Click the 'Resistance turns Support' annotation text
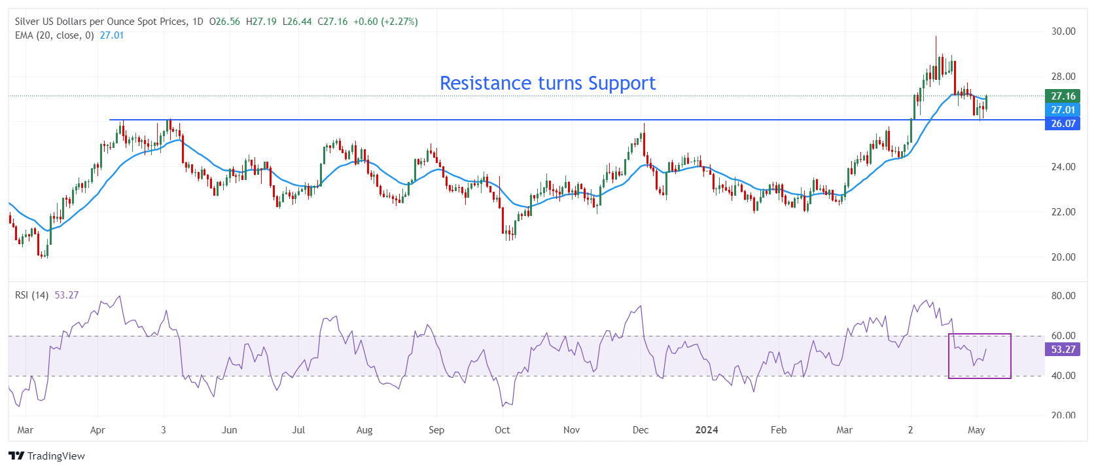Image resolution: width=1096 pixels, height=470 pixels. (x=547, y=83)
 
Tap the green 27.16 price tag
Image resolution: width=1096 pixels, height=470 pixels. (x=1063, y=96)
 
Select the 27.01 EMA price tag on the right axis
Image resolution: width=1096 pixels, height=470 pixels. (x=1063, y=110)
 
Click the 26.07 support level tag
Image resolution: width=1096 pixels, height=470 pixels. (x=1063, y=124)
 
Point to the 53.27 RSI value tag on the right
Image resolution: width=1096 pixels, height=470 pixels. (x=1063, y=350)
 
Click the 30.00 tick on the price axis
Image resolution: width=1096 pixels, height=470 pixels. (x=1063, y=31)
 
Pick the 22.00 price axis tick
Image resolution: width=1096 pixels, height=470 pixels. (x=1063, y=212)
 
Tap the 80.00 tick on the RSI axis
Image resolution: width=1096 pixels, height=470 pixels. (x=1063, y=296)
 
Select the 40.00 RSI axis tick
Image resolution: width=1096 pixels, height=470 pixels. (x=1063, y=376)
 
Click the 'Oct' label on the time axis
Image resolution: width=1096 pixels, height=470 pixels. (x=502, y=430)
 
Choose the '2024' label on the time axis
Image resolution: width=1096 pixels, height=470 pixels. (x=706, y=430)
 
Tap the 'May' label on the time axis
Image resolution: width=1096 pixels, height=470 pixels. (x=976, y=430)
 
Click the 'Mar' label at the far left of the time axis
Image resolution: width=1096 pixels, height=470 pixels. (x=26, y=430)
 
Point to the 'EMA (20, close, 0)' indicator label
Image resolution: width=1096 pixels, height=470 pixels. (x=54, y=35)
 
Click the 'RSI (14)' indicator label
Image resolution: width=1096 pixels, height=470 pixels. (x=31, y=295)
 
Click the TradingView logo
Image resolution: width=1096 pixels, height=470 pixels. (x=47, y=456)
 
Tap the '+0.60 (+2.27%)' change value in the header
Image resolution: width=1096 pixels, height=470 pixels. (x=385, y=22)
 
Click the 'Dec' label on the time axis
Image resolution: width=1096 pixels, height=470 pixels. (x=641, y=430)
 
